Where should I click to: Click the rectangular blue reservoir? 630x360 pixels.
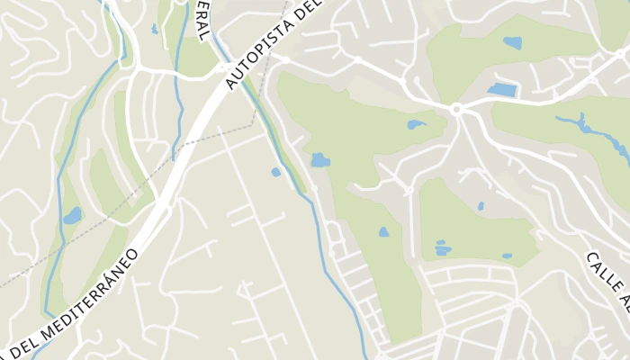(502, 90)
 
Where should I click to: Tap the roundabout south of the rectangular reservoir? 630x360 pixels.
(456, 110)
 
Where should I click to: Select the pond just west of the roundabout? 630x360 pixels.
(416, 124)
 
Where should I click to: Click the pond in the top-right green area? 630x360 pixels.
(512, 42)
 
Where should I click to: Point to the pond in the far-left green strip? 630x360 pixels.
(72, 216)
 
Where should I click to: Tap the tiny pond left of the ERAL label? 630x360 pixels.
(155, 29)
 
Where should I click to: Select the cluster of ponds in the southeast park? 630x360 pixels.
(442, 247)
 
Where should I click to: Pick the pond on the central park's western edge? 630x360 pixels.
(319, 161)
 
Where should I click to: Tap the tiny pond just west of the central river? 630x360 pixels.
(276, 172)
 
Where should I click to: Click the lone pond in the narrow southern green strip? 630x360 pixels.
(383, 232)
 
